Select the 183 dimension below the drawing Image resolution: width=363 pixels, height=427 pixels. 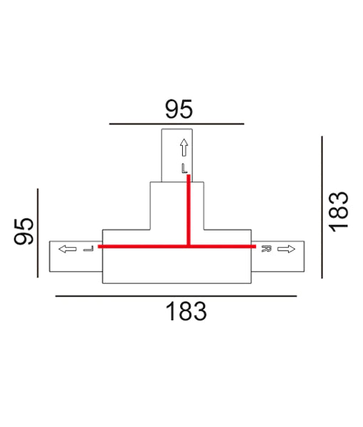[x=186, y=312]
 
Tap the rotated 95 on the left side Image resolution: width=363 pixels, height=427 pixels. [x=26, y=231]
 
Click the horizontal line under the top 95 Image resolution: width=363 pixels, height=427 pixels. [x=177, y=124]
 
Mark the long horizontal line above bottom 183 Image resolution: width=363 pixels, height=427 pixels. [x=176, y=295]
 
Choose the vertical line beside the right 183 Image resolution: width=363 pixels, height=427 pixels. [x=322, y=208]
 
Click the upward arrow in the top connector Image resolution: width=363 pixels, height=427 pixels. [x=184, y=148]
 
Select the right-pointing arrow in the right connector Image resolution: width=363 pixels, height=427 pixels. [x=285, y=249]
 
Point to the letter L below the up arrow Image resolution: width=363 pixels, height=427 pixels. [x=184, y=169]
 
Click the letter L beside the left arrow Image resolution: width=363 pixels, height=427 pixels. [x=88, y=249]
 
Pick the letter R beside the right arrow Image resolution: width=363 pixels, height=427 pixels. [x=265, y=249]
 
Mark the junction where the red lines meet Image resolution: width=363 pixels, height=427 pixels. [x=189, y=246]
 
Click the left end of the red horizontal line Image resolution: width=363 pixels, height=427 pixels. [x=100, y=246]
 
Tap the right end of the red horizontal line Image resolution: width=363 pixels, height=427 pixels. [x=253, y=246]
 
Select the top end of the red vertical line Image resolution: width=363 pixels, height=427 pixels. [x=189, y=178]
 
